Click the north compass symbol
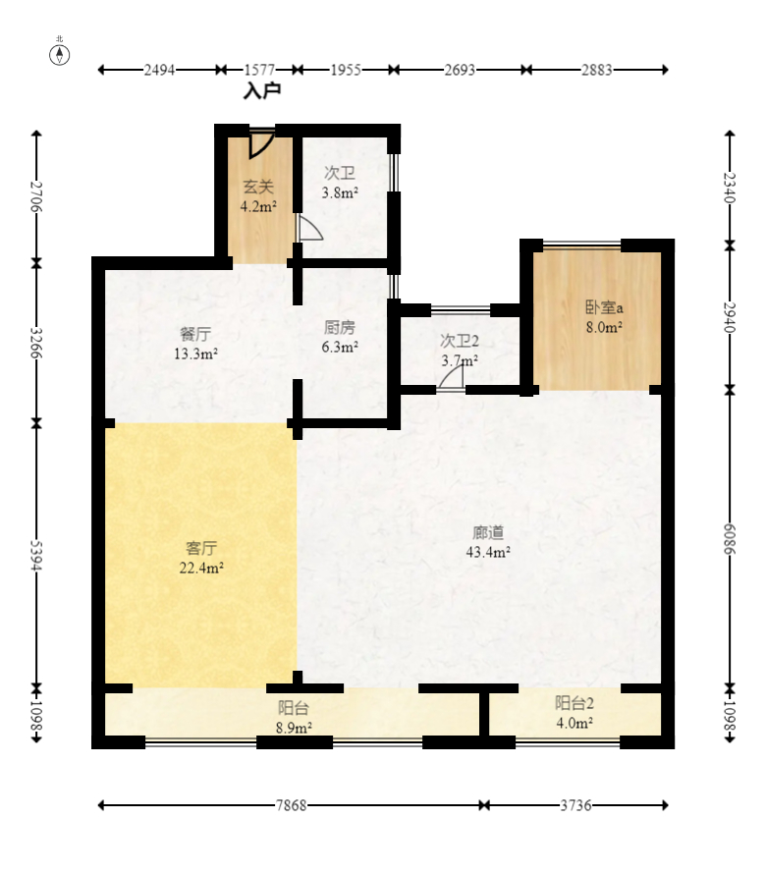pos(60,54)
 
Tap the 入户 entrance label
pos(262,90)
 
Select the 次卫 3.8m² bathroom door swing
pos(309,228)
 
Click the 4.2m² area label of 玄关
pos(258,206)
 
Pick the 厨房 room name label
pos(340,327)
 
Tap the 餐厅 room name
pos(195,334)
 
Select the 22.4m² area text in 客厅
pos(201,568)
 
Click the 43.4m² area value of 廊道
pos(488,552)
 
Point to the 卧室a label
pos(604,307)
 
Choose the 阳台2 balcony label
pos(574,703)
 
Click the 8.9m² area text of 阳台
pos(294,728)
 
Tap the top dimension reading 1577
pos(259,70)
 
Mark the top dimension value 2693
pos(460,70)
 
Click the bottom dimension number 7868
pos(292,805)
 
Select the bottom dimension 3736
pos(575,805)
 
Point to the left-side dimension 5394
pos(36,556)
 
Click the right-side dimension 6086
pos(730,539)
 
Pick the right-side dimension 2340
pos(730,189)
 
